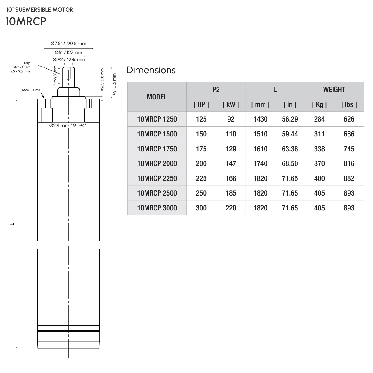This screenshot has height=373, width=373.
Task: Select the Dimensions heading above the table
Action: (151, 70)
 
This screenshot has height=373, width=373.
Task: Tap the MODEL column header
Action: (157, 97)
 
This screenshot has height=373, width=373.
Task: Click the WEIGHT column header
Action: (334, 90)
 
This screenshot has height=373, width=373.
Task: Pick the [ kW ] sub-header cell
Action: (231, 104)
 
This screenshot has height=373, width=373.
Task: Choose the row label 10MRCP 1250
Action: (157, 119)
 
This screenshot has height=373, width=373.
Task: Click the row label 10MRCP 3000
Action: (157, 208)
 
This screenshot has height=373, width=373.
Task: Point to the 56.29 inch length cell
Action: (290, 119)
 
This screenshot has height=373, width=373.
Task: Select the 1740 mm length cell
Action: (260, 163)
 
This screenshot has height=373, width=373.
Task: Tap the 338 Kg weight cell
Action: (319, 149)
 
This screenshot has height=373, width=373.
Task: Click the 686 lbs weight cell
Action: (349, 134)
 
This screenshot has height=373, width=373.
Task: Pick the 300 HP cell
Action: (201, 208)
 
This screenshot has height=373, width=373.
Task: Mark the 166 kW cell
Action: (231, 178)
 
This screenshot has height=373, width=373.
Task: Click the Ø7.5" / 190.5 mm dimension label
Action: (68, 44)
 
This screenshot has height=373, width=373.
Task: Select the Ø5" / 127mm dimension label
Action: (68, 52)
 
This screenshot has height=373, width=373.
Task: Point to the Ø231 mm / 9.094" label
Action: (68, 126)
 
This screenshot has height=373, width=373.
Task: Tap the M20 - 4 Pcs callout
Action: (31, 90)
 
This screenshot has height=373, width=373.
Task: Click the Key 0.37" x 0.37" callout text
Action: (21, 67)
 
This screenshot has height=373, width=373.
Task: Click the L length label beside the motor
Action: (11, 224)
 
